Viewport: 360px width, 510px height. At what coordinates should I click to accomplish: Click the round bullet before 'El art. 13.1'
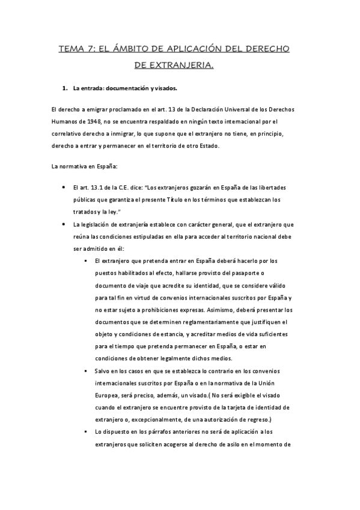pos(64,188)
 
